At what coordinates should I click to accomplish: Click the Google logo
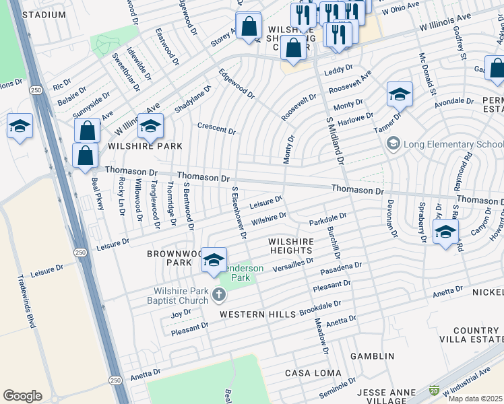tap(23, 395)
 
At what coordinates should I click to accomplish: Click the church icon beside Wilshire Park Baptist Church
tap(218, 294)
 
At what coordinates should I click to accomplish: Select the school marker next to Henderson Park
tap(214, 260)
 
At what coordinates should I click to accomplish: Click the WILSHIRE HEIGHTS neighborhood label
tap(291, 246)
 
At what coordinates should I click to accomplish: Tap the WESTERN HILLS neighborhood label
tap(258, 314)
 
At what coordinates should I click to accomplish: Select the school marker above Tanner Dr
tap(400, 94)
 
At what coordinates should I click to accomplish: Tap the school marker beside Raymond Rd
tap(445, 232)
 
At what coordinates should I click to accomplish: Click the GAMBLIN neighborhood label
tap(372, 356)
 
